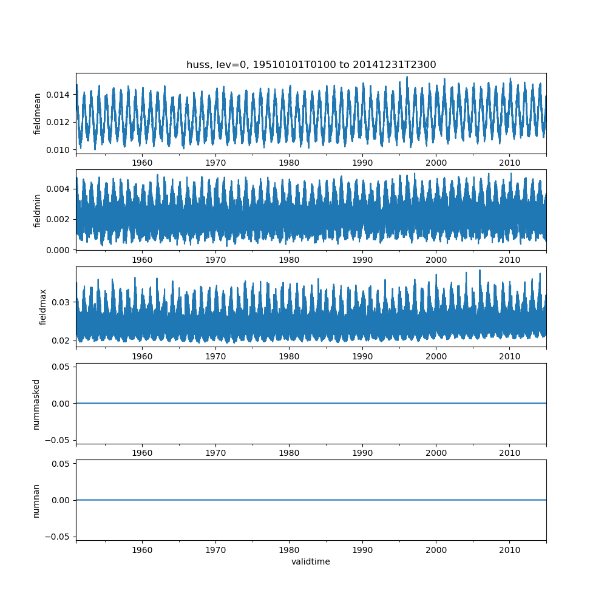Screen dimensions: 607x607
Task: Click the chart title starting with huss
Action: tap(311, 64)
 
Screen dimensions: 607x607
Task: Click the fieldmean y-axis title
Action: tap(37, 114)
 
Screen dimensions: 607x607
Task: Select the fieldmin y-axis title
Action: tap(37, 211)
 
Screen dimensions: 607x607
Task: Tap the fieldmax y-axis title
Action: tap(42, 307)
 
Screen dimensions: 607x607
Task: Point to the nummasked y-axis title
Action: tap(36, 404)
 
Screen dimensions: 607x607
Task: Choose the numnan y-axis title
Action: tap(36, 501)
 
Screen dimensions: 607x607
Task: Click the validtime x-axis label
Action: tap(311, 561)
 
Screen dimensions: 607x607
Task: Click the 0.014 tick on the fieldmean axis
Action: tap(58, 95)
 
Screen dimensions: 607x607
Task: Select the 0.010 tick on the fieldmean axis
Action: tap(58, 150)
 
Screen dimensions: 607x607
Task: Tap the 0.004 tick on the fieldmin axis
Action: tap(58, 189)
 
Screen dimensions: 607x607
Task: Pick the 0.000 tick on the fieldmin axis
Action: tap(58, 251)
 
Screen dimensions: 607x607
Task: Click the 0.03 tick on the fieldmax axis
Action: tap(61, 302)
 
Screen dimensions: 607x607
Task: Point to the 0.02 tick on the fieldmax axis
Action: tap(61, 341)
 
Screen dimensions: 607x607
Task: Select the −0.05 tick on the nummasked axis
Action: tap(58, 440)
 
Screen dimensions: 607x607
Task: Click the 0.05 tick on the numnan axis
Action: tap(61, 464)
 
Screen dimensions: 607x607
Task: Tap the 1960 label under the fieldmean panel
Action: tap(142, 163)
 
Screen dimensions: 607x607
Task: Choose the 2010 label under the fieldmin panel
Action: tap(509, 260)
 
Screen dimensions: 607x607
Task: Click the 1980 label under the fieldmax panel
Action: tap(289, 356)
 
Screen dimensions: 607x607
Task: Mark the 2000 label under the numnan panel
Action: tap(436, 550)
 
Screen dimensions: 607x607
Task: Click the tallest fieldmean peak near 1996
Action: tap(407, 76)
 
